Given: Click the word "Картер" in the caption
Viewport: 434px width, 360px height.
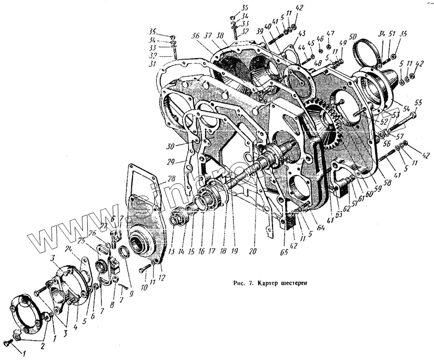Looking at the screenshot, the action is [271, 283].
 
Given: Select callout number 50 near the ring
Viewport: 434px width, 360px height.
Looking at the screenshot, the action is [353, 37].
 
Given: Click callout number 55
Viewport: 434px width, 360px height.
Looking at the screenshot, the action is [418, 103].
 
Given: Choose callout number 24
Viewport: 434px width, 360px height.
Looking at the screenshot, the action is [68, 249].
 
